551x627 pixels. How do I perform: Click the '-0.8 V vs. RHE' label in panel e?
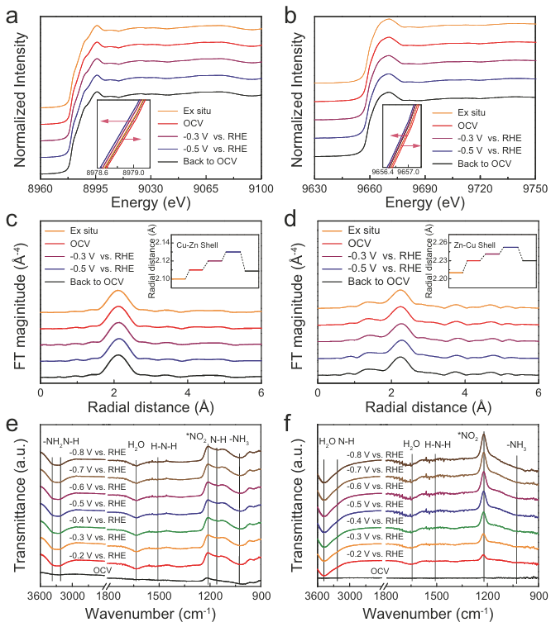pyautogui.click(x=98, y=453)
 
